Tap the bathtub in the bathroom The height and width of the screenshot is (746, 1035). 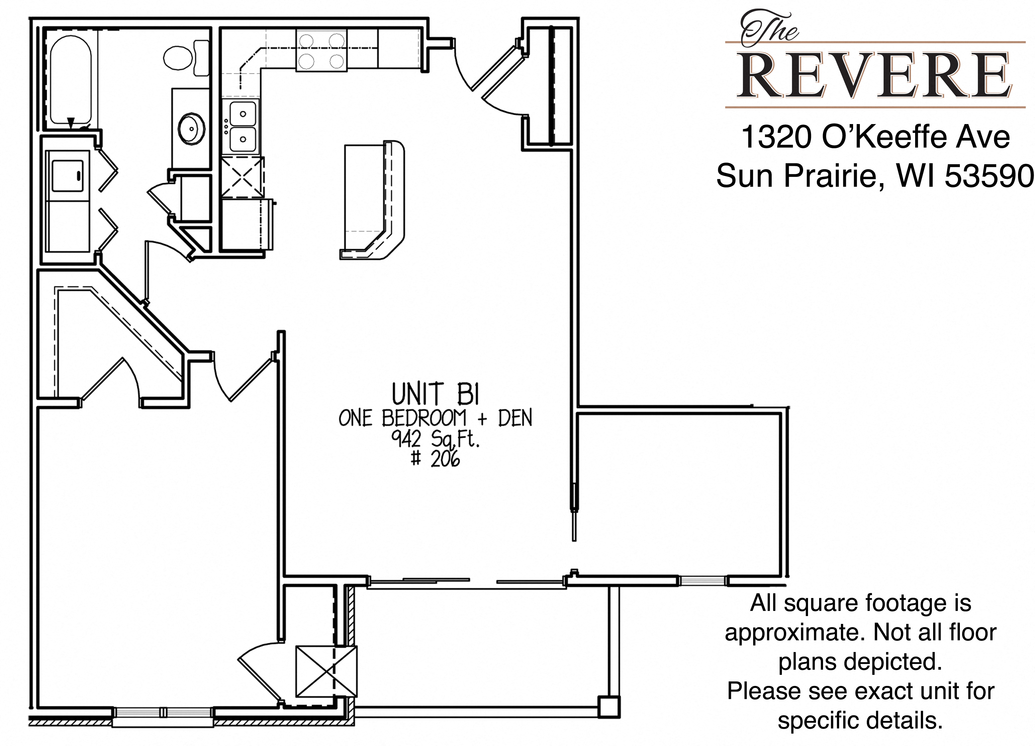[71, 80]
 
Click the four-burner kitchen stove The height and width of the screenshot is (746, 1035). [321, 50]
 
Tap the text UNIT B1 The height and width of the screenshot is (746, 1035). [436, 394]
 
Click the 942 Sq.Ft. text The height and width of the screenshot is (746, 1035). [435, 439]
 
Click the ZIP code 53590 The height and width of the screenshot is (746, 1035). [988, 176]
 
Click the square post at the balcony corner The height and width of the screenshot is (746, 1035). [609, 707]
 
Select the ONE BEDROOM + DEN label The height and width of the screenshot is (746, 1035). [435, 418]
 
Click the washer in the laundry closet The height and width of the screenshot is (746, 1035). [68, 176]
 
